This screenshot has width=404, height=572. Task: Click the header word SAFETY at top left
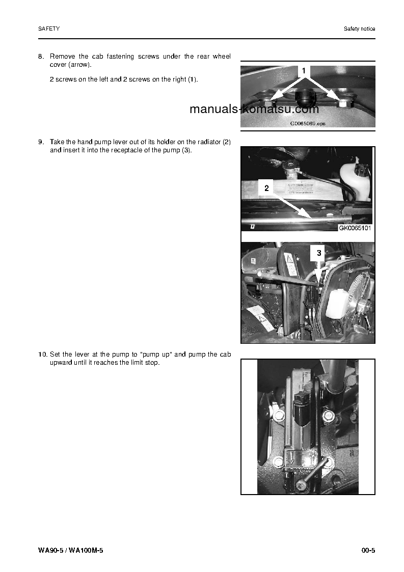(49, 29)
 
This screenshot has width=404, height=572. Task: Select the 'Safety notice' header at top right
(359, 29)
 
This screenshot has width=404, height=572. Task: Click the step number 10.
(43, 354)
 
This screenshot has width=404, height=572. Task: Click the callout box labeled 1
(304, 71)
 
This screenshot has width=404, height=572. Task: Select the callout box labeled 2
(266, 188)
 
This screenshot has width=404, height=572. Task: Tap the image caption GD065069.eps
(308, 123)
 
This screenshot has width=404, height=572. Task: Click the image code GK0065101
(355, 228)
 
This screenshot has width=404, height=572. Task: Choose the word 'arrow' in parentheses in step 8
(79, 65)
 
